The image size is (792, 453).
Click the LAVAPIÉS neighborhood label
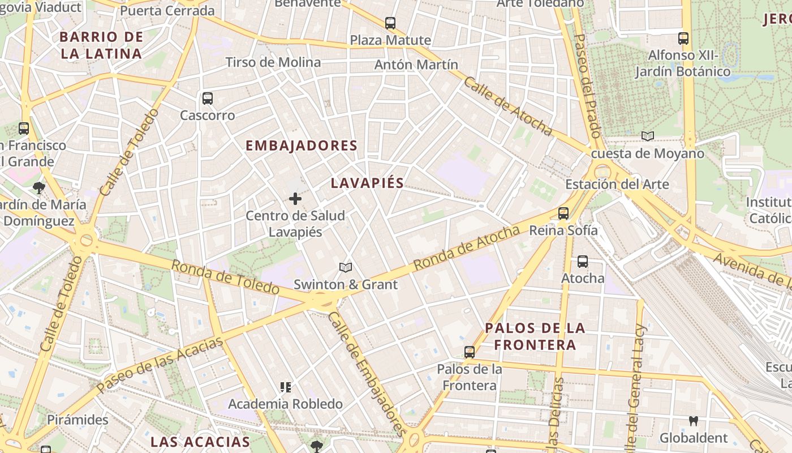click(367, 183)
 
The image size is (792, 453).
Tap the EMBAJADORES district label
click(301, 146)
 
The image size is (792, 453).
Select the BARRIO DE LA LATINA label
click(101, 45)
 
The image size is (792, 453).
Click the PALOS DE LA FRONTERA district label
click(535, 336)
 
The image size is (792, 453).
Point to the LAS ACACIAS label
click(200, 442)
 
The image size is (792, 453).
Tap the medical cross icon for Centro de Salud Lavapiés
click(295, 199)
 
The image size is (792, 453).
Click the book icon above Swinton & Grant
click(346, 267)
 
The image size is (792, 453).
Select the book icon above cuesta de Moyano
click(648, 136)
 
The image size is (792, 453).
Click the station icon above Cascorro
click(208, 99)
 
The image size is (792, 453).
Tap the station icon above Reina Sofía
click(563, 213)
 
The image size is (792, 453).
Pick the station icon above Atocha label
click(583, 262)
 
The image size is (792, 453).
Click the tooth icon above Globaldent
click(694, 421)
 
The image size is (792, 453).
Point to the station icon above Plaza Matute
click(390, 23)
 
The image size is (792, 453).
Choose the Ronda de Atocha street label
click(466, 248)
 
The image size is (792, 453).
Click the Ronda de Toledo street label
click(225, 277)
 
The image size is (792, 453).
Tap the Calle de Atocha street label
click(507, 106)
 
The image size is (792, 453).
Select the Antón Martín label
click(416, 65)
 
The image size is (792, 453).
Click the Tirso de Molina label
click(273, 62)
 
